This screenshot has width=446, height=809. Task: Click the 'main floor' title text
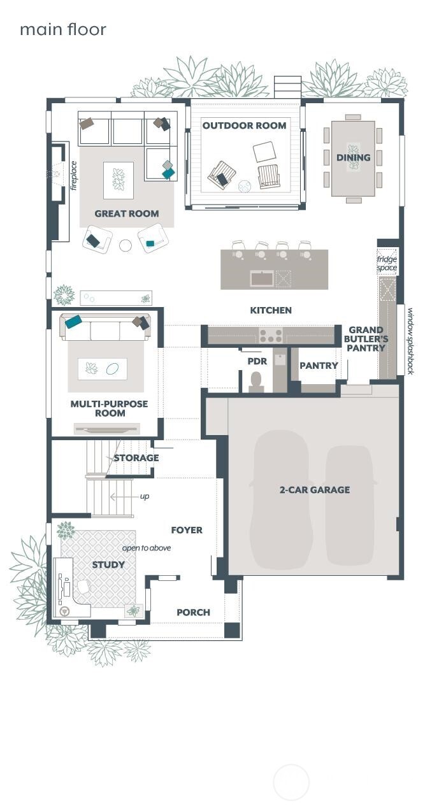click(63, 29)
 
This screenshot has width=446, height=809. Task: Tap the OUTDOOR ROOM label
click(244, 125)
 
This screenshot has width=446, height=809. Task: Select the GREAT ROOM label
click(127, 213)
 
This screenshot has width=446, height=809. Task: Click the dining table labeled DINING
click(353, 159)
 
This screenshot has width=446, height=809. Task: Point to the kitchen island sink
click(262, 278)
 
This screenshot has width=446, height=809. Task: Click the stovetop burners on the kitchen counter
click(271, 336)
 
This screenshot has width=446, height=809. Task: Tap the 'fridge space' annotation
click(387, 263)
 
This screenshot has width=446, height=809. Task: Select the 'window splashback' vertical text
click(410, 341)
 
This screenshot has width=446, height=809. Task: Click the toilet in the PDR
click(255, 382)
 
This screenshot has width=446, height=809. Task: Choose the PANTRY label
click(319, 366)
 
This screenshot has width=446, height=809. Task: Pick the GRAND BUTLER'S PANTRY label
click(366, 339)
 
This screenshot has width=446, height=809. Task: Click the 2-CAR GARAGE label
click(315, 490)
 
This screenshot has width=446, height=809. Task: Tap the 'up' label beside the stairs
click(145, 497)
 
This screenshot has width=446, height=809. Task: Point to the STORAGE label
click(136, 457)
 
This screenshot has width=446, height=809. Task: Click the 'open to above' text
click(147, 548)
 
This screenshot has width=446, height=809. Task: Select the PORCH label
click(193, 612)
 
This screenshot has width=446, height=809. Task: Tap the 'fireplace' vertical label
click(74, 176)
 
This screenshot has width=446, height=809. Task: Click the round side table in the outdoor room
click(245, 187)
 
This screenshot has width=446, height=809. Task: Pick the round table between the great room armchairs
click(126, 246)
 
